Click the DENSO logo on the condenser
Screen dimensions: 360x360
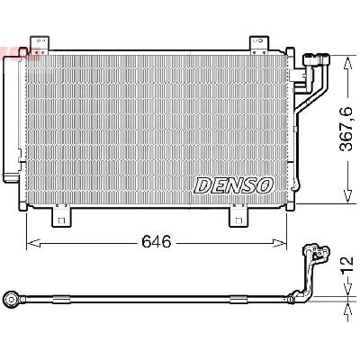coord(232,185)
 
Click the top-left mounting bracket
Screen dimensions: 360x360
coord(39,45)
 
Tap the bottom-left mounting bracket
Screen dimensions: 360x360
coord(60,216)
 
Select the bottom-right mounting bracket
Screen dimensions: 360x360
coord(240,216)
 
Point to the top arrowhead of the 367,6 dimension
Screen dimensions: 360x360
coord(347,59)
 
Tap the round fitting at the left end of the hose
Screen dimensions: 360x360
coord(8,297)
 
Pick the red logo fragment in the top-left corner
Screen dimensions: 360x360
coord(7,51)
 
